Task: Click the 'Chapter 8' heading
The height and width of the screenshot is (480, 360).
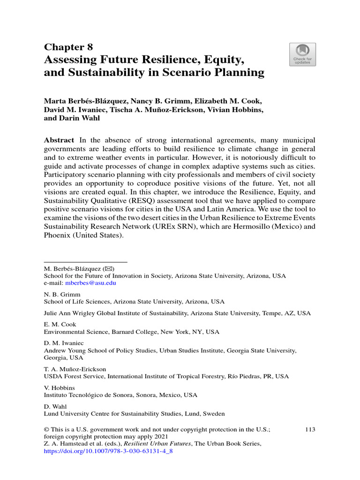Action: point(68,47)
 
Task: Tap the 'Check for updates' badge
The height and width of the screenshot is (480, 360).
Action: point(302,54)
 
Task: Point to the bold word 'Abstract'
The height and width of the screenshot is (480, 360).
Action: point(59,140)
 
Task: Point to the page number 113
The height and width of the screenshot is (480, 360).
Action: point(310,429)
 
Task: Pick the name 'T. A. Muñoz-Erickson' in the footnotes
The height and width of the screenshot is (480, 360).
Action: point(75,369)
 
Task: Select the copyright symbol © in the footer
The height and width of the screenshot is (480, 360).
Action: point(47,429)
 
